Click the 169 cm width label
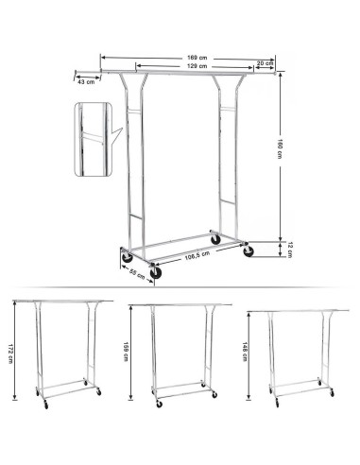[x=197, y=58]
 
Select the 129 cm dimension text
[x=197, y=66]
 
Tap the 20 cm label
[x=265, y=63]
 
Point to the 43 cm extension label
[x=86, y=82]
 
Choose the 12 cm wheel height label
[x=290, y=250]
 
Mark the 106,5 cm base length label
[x=197, y=256]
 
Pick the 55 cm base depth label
[x=137, y=275]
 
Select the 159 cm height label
[x=126, y=352]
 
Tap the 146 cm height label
[x=245, y=352]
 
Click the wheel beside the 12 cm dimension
[x=249, y=251]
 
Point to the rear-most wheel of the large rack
[x=215, y=239]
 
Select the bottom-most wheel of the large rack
[x=156, y=273]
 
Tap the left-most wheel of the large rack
[x=128, y=257]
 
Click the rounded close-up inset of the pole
[x=94, y=139]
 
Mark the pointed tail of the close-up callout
[x=122, y=129]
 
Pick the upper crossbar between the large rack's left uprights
[x=134, y=112]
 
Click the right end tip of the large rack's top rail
[x=276, y=73]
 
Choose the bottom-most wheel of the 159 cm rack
[x=160, y=405]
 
